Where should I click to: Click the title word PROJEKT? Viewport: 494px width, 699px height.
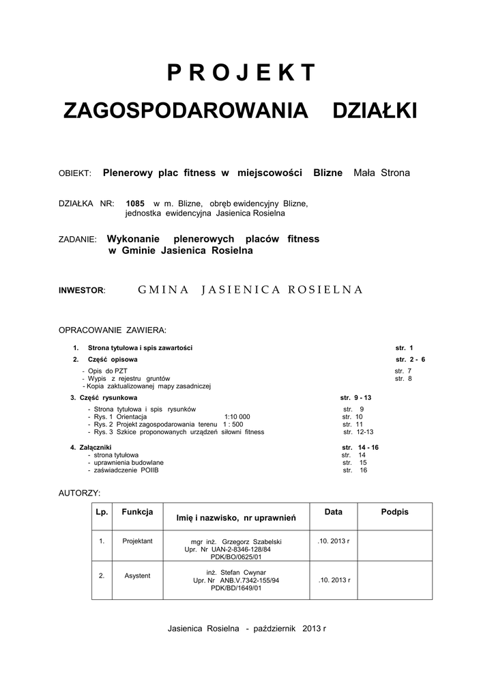click(242, 72)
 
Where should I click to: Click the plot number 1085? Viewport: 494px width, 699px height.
click(135, 203)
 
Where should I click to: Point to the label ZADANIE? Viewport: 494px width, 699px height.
click(78, 240)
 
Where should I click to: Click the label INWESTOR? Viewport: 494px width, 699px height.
click(82, 290)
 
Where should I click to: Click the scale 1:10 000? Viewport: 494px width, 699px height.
click(237, 416)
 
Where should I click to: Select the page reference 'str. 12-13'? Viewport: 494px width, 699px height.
click(358, 432)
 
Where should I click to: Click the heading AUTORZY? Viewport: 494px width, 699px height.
click(80, 492)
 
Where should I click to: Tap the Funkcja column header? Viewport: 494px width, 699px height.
click(137, 512)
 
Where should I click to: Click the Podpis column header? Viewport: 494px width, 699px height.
click(394, 512)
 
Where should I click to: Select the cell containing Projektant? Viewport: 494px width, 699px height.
click(137, 541)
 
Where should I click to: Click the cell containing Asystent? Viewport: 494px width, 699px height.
click(137, 575)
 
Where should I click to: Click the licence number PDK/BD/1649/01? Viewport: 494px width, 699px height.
click(236, 587)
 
